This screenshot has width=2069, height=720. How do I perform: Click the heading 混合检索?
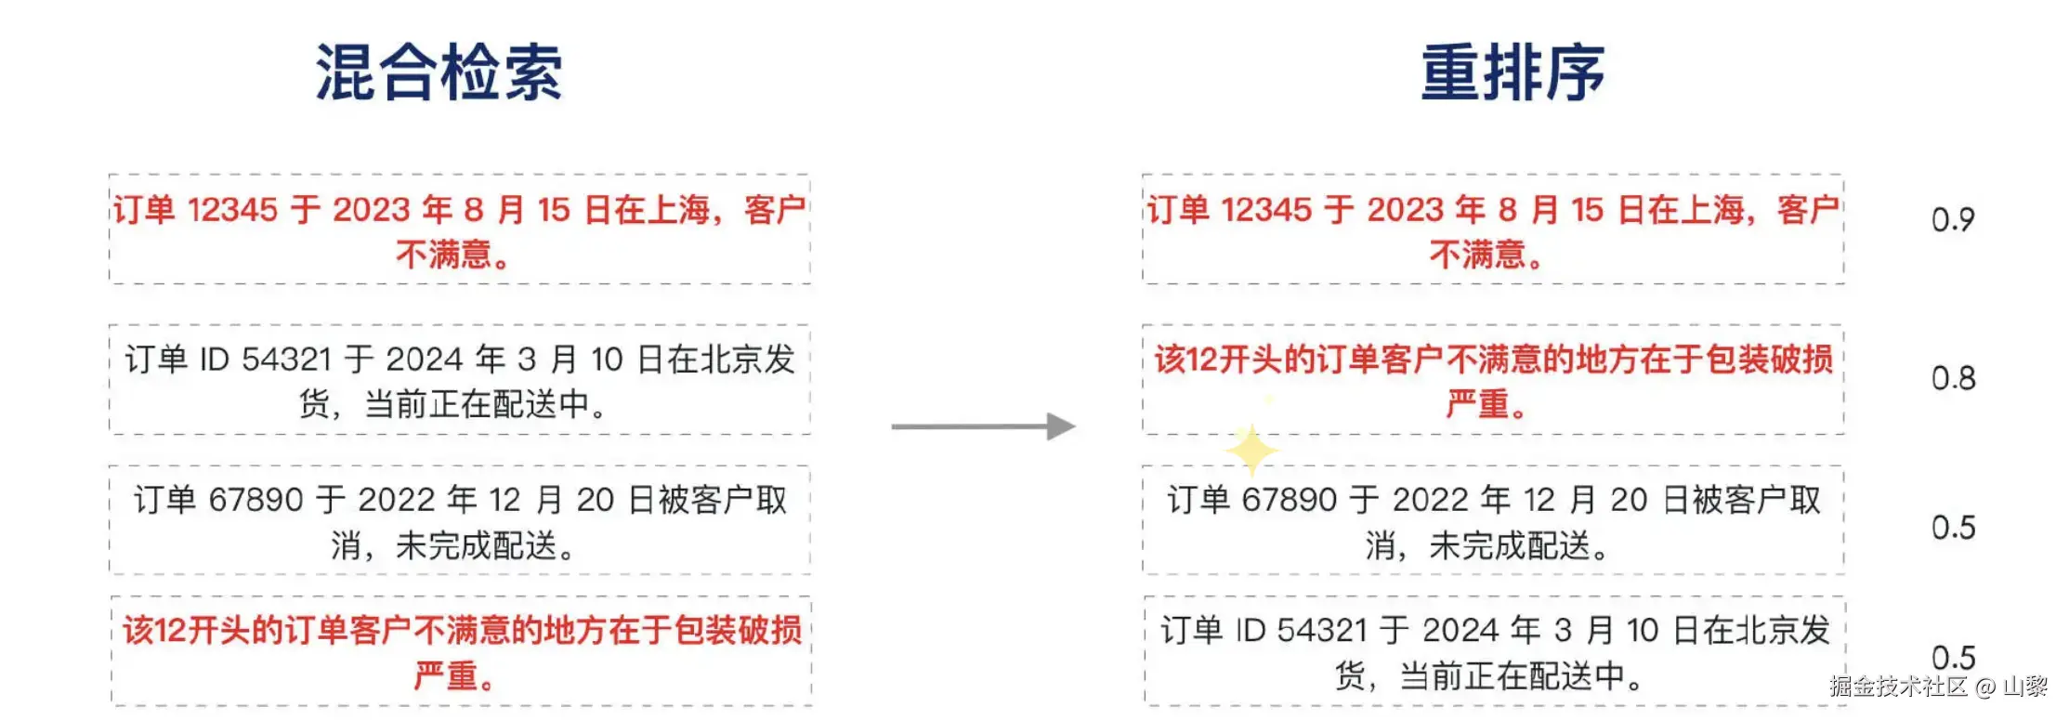pyautogui.click(x=439, y=72)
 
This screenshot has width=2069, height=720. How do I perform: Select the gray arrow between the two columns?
pyautogui.click(x=983, y=426)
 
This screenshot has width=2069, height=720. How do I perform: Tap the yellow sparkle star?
pyautogui.click(x=1251, y=450)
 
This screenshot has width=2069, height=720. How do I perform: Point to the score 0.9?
pyautogui.click(x=1953, y=220)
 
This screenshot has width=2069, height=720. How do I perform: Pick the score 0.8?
pyautogui.click(x=1953, y=378)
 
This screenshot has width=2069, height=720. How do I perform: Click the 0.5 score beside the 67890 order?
pyautogui.click(x=1953, y=528)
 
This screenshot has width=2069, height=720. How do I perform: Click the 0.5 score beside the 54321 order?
pyautogui.click(x=1953, y=658)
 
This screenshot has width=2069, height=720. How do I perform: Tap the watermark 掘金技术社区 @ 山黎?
pyautogui.click(x=1939, y=687)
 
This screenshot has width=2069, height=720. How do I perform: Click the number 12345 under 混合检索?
pyautogui.click(x=232, y=210)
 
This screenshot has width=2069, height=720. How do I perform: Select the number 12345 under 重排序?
pyautogui.click(x=1265, y=210)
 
